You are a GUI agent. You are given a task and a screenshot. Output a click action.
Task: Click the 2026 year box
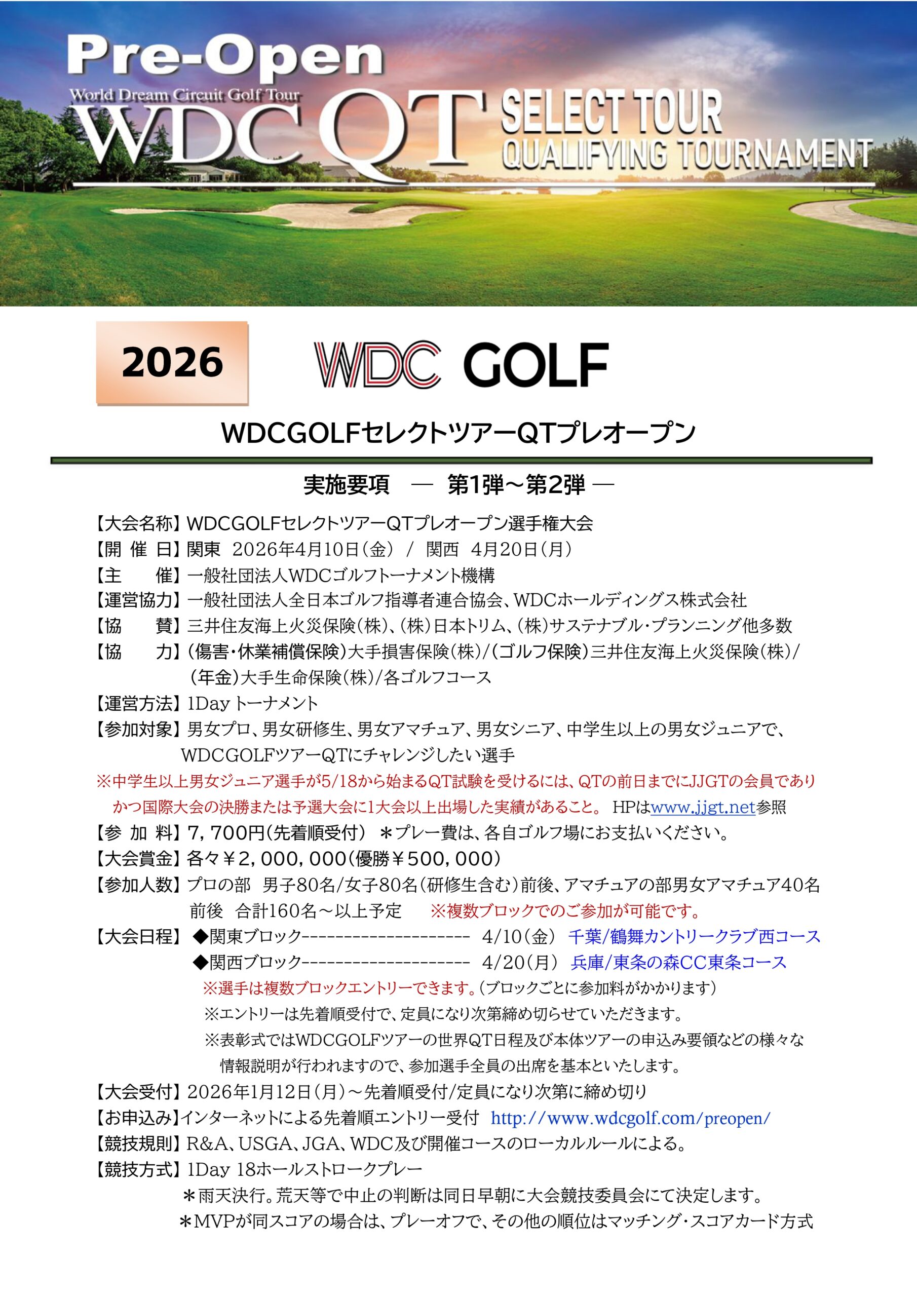(x=172, y=363)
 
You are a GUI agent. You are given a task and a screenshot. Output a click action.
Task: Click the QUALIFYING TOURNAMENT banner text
(x=687, y=154)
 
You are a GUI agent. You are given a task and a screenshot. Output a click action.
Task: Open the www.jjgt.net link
(x=703, y=807)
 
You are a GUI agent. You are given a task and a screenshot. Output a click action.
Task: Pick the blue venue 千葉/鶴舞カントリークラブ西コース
(x=695, y=937)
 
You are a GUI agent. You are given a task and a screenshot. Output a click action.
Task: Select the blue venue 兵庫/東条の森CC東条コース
(x=678, y=962)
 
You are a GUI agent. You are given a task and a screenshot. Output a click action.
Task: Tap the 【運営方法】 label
(x=136, y=703)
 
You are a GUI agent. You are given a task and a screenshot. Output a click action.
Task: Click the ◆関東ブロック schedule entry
(x=249, y=937)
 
